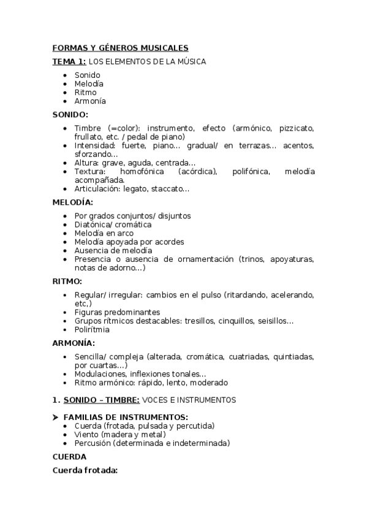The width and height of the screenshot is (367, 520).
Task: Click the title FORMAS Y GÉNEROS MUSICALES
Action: (120, 48)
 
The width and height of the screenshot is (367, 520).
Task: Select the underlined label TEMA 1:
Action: (69, 61)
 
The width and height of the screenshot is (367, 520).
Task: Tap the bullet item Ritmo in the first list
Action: (85, 93)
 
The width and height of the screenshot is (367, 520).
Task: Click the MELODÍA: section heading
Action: (73, 202)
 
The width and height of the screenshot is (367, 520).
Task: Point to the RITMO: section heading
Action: (67, 281)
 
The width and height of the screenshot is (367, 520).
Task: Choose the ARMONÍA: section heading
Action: (74, 343)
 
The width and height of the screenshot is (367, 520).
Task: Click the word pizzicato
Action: (297, 128)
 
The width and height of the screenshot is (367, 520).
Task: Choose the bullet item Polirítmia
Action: (92, 329)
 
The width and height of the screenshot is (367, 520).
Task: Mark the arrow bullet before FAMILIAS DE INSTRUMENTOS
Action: (56, 418)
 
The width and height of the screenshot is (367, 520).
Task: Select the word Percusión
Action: (93, 443)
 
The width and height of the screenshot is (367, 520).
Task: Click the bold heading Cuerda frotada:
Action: (85, 470)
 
